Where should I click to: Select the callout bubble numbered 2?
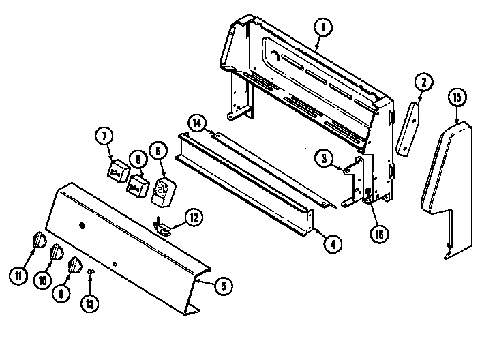coord(423,82)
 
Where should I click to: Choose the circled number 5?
coord(222,286)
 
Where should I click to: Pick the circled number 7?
coord(104,137)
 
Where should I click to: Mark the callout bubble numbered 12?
coord(194,218)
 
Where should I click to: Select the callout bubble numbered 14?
coord(196,123)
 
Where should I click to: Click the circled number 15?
coord(457,97)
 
